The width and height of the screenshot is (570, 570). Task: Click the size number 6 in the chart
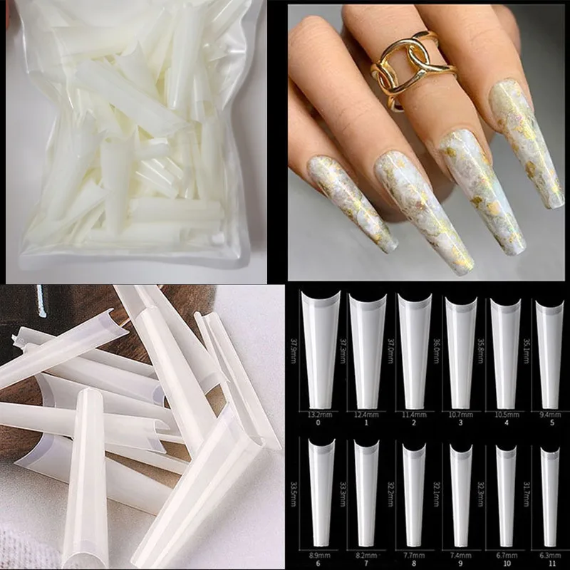pos(320,563)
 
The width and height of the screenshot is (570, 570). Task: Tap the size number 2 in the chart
pos(414,423)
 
